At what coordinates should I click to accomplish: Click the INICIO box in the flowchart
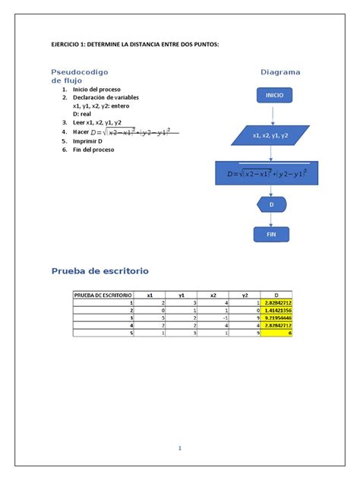tap(274, 96)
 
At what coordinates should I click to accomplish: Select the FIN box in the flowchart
tap(272, 235)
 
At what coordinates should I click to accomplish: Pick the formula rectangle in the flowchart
tap(272, 174)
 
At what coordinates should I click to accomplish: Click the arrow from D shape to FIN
tap(272, 220)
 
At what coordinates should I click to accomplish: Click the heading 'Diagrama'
tap(280, 72)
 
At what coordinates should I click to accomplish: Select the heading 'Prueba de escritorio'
tap(100, 270)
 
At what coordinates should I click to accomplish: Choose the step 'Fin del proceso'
tap(93, 150)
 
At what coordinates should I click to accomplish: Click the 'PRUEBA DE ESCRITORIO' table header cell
tap(103, 295)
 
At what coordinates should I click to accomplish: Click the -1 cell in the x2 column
tap(213, 317)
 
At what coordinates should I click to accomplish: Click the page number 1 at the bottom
tap(180, 448)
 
